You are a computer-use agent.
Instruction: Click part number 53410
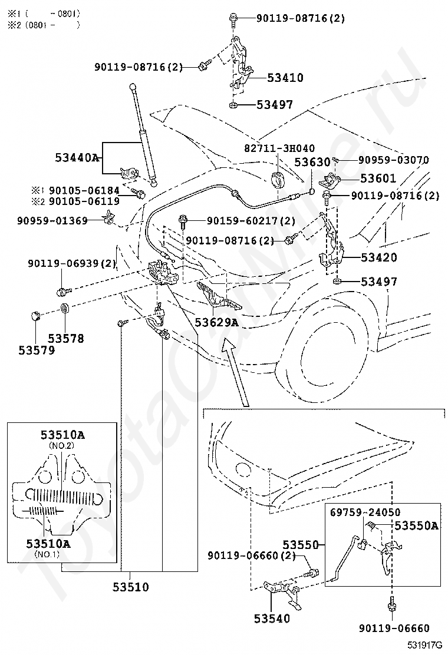click(x=285, y=78)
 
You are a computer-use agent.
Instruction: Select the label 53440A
click(x=77, y=158)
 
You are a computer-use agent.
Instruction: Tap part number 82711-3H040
click(x=279, y=148)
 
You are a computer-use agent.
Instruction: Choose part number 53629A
click(x=216, y=322)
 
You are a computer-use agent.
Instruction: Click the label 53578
click(x=66, y=339)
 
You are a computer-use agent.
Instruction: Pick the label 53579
click(x=37, y=350)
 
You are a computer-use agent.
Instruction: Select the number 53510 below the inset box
click(x=130, y=587)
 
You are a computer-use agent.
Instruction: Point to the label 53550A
click(x=416, y=525)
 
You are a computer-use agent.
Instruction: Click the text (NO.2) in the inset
click(x=62, y=445)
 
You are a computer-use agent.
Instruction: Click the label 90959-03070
click(x=393, y=160)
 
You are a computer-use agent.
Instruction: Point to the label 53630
click(x=312, y=161)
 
